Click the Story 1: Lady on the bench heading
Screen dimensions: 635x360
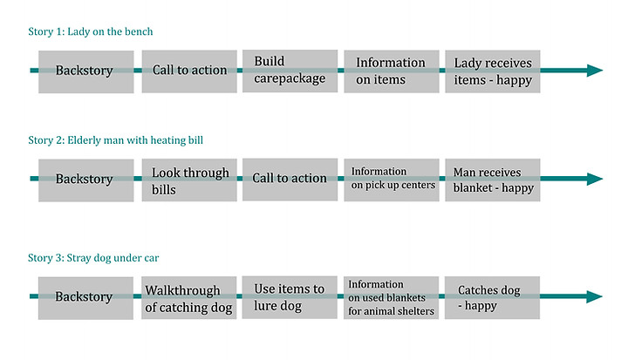[x=91, y=31]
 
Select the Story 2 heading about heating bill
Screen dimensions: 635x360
[x=115, y=140]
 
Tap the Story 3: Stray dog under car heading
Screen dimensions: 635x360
[x=93, y=258]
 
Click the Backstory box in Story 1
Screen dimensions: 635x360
[x=85, y=71]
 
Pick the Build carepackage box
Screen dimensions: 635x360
[x=290, y=71]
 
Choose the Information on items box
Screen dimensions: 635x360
[x=392, y=71]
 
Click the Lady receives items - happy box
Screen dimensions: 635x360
[x=493, y=71]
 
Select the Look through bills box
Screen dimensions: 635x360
[x=189, y=180]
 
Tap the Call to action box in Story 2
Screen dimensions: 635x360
[x=290, y=180]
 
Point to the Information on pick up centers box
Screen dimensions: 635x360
[x=392, y=180]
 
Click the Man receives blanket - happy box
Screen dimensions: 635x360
[x=493, y=180]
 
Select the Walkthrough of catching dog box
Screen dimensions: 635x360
[x=188, y=298]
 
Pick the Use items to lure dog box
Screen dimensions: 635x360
[x=290, y=297]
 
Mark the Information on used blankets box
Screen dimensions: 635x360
[x=391, y=298]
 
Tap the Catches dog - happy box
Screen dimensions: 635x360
[x=492, y=298]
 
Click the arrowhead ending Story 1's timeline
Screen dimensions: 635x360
[x=595, y=71]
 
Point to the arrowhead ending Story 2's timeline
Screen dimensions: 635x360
[x=595, y=179]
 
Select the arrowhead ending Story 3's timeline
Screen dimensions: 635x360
[x=595, y=296]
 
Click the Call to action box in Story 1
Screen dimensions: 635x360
[x=189, y=71]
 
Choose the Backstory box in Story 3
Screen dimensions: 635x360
[x=85, y=298]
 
